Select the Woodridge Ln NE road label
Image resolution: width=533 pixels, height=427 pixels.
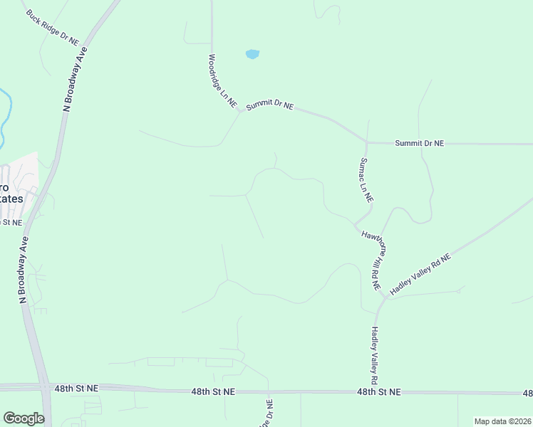pos(222,81)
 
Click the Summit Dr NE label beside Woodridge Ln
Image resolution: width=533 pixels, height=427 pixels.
pos(269,106)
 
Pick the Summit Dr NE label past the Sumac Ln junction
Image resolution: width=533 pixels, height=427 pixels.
pos(420,143)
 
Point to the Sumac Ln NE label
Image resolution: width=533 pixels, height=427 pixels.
pos(367,179)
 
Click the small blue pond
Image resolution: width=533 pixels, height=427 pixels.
pos(252,54)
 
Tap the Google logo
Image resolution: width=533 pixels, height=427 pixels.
pos(24,418)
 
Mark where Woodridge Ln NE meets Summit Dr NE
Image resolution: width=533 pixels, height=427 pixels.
pos(239,111)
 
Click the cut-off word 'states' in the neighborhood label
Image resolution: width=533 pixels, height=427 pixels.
pos(11,199)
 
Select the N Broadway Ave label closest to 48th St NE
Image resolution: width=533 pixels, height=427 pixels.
pos(22,268)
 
